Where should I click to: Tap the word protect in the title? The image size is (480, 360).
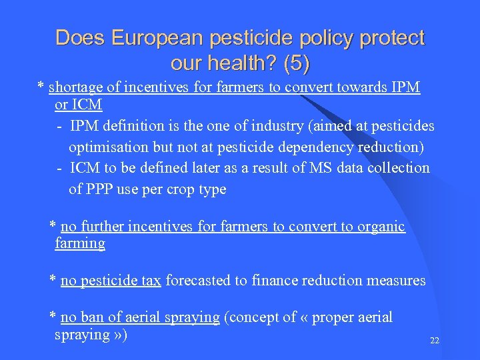[391, 38]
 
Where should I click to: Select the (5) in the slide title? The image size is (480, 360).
[297, 64]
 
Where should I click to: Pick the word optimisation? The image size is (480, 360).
[109, 147]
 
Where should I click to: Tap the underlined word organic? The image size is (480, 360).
[381, 227]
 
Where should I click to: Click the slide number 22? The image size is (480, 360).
[435, 341]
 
